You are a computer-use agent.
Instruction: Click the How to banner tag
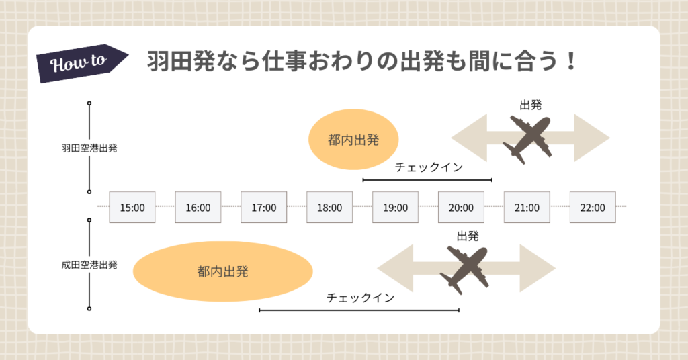(x=80, y=62)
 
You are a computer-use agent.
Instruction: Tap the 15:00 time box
(x=132, y=207)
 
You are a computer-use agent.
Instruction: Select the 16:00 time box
(x=198, y=207)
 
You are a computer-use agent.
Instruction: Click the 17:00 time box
(x=264, y=207)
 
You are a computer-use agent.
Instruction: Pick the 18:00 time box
(x=329, y=207)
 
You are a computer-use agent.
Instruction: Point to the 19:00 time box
(x=395, y=207)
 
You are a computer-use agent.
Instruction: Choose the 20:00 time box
(x=461, y=207)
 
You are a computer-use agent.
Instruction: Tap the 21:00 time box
(x=527, y=207)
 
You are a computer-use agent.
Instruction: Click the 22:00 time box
(x=593, y=207)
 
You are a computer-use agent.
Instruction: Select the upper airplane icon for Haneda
(x=529, y=138)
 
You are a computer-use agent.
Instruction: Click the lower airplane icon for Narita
(x=465, y=269)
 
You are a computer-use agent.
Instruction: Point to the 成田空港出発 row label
(x=89, y=265)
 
